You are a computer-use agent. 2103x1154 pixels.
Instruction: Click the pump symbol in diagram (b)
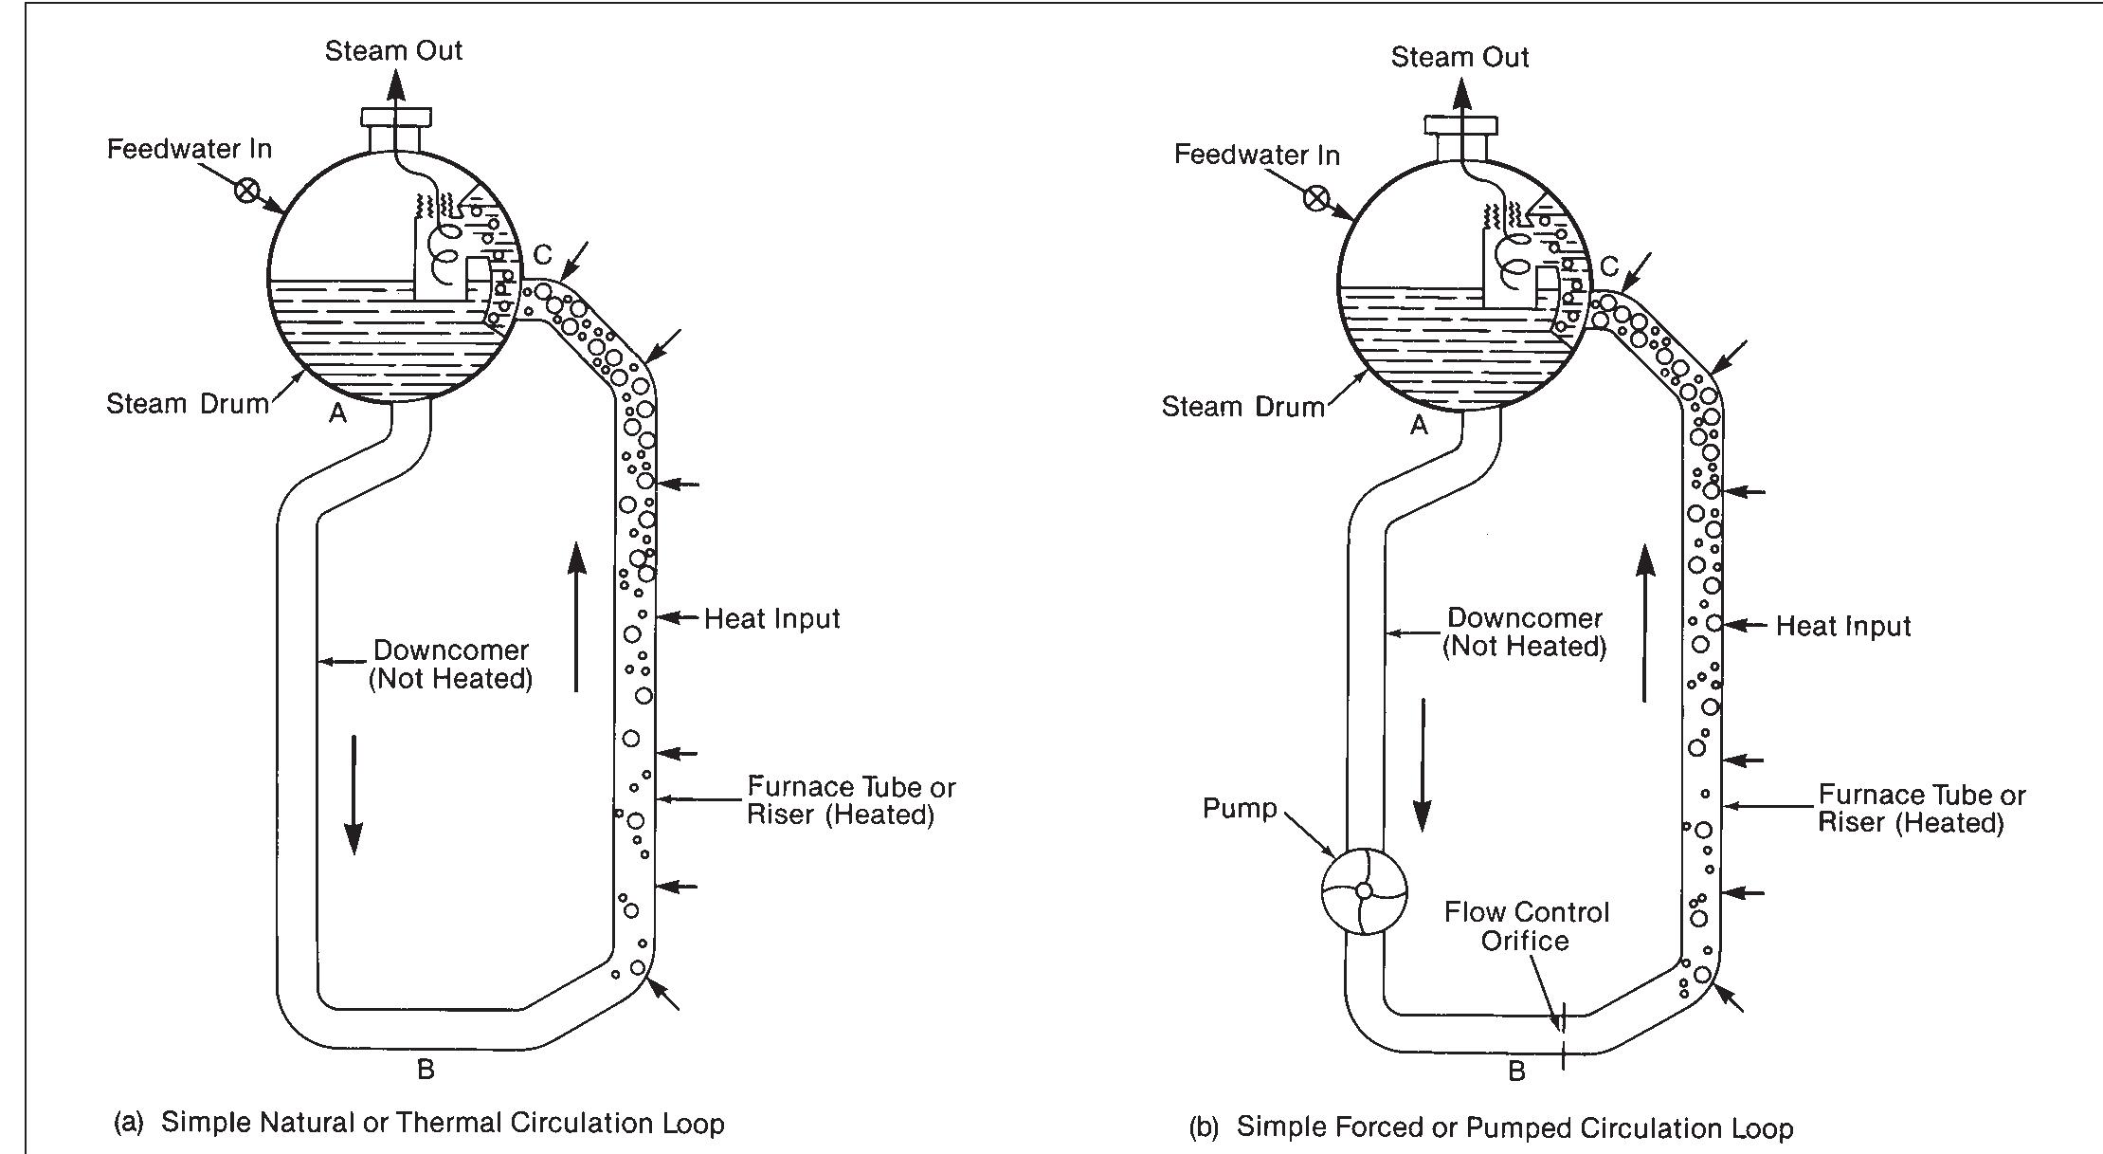(1364, 891)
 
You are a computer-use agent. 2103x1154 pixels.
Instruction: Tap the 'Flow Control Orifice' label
(1526, 926)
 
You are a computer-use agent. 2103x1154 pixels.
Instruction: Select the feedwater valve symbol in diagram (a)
(246, 190)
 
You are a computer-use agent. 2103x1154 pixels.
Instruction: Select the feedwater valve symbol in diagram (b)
(1315, 198)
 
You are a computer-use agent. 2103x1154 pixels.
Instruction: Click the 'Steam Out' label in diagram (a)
(393, 50)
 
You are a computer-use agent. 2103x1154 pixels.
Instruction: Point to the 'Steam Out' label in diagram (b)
(1459, 57)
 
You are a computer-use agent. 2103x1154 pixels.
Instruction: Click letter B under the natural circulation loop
(426, 1070)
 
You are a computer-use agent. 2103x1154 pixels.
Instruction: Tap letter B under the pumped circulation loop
(1516, 1072)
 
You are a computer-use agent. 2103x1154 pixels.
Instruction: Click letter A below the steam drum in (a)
(337, 413)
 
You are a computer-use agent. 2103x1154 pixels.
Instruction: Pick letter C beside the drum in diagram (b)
(1609, 267)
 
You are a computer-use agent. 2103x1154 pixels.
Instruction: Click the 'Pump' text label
(1240, 808)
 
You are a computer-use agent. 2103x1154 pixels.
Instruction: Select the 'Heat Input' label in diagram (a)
(771, 618)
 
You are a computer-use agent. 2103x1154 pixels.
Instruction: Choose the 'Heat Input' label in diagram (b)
(1842, 626)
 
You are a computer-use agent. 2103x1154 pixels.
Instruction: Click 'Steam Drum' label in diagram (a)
(188, 404)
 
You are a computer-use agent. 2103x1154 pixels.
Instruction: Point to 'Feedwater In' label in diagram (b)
(1257, 155)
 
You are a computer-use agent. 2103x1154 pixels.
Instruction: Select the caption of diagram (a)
(419, 1123)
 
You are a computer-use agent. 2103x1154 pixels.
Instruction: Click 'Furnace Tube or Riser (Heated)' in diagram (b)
(1921, 808)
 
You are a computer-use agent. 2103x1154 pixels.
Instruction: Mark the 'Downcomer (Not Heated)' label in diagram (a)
(450, 665)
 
